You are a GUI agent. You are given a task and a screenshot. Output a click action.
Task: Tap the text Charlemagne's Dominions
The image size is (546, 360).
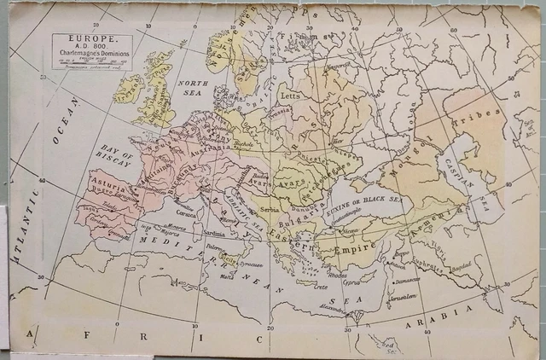pos(90,55)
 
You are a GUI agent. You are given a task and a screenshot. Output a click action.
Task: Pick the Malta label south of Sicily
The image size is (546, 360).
pos(226,276)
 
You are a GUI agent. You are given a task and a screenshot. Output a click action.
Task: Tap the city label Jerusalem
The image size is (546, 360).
pos(404,298)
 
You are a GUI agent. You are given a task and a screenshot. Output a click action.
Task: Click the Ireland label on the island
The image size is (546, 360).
pos(130,90)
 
